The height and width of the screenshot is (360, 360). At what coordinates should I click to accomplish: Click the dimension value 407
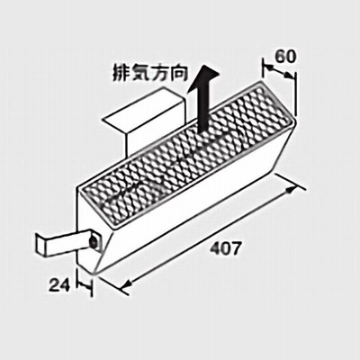pyautogui.click(x=225, y=248)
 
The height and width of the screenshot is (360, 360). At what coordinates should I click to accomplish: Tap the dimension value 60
pyautogui.click(x=285, y=57)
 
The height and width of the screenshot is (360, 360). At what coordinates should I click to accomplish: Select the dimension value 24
pyautogui.click(x=59, y=284)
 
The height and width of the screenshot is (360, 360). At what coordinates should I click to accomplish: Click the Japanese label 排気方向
pyautogui.click(x=150, y=73)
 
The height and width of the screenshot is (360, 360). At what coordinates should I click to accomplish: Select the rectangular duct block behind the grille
pyautogui.click(x=144, y=120)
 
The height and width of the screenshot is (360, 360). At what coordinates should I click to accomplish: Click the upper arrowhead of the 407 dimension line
pyautogui.click(x=292, y=190)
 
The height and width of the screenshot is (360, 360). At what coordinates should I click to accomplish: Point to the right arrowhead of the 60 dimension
pyautogui.click(x=289, y=76)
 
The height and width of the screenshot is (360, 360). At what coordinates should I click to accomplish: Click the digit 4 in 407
pyautogui.click(x=215, y=248)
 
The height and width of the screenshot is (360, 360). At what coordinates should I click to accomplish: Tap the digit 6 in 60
pyautogui.click(x=280, y=57)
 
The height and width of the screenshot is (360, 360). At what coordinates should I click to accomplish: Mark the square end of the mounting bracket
pyautogui.click(x=40, y=245)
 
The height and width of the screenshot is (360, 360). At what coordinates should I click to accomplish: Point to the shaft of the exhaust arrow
pyautogui.click(x=204, y=108)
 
